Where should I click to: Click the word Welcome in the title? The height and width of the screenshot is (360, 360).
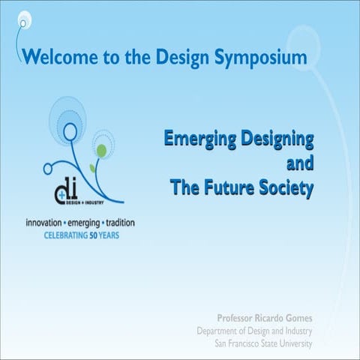(54, 56)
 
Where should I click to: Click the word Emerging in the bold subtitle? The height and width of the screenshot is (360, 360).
(196, 139)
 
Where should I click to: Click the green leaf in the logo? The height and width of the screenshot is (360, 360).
(101, 151)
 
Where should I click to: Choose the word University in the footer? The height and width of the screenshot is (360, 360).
(295, 343)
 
